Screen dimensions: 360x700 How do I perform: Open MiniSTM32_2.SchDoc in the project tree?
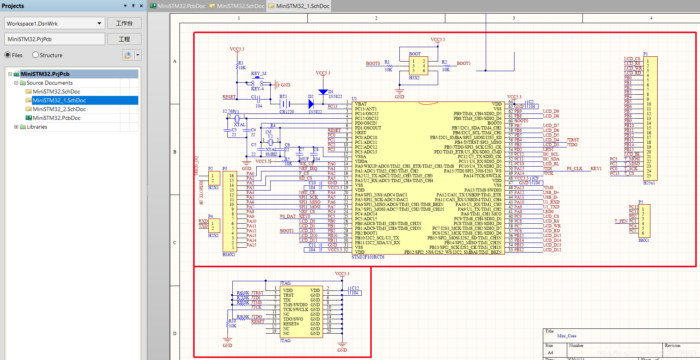(x=59, y=109)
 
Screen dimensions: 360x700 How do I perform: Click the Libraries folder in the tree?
(x=37, y=127)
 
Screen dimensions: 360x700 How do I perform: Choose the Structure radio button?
(x=36, y=55)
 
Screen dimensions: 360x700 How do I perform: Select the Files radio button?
(x=8, y=55)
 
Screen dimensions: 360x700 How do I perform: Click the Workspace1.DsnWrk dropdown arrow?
(x=99, y=23)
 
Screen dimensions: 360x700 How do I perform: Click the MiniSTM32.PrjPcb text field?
(x=55, y=39)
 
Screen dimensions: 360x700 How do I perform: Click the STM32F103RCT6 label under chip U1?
(x=368, y=257)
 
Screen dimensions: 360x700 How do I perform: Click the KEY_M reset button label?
(x=258, y=74)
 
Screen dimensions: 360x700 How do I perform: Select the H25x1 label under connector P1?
(x=649, y=183)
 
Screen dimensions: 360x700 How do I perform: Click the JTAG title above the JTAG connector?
(x=285, y=283)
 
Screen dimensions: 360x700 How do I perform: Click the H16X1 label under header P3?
(x=229, y=255)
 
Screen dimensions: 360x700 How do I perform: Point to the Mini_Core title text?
(x=566, y=336)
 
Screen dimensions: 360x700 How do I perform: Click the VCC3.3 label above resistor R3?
(x=237, y=49)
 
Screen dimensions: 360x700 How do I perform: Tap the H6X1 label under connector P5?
(x=644, y=240)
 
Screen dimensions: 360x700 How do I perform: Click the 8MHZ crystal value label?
(x=271, y=154)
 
